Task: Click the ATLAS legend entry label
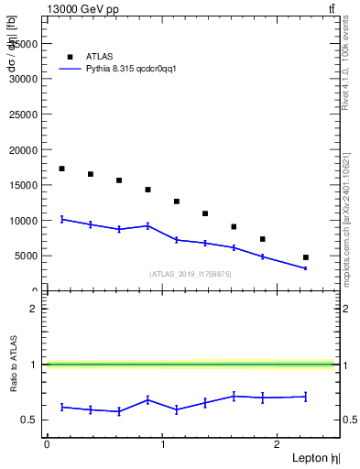point(100,57)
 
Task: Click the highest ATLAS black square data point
point(62,169)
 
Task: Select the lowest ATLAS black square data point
point(306,257)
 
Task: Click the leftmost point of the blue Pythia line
point(62,219)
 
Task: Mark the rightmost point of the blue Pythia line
point(306,267)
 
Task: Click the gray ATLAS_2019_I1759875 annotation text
point(191,274)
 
